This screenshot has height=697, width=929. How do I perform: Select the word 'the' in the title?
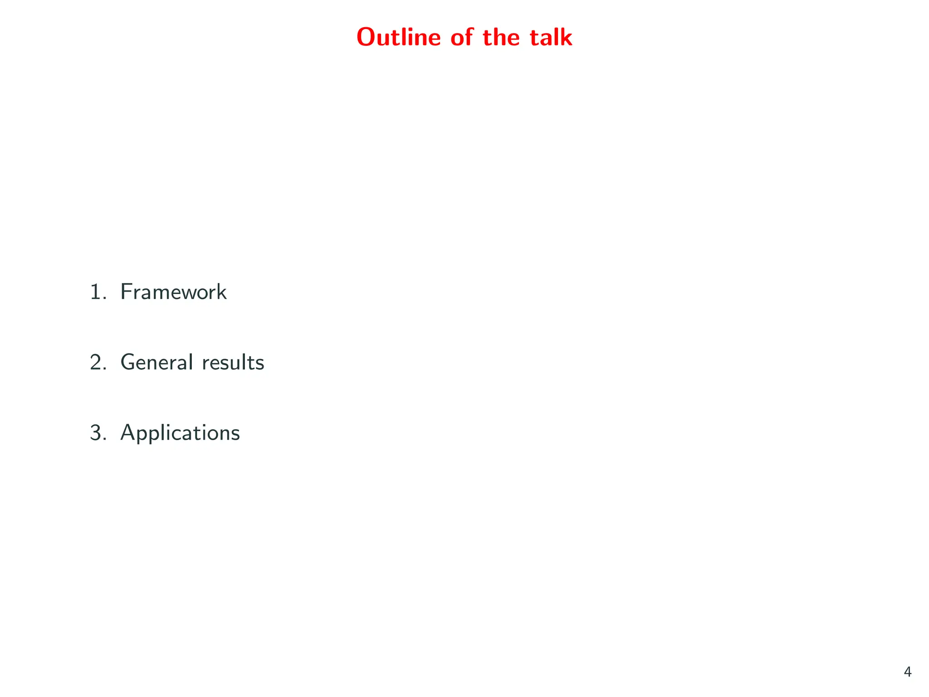point(501,37)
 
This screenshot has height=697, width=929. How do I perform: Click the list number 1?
point(96,292)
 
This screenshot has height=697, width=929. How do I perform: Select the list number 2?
point(96,363)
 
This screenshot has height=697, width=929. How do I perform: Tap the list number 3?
point(96,433)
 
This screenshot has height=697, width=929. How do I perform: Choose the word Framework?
point(173,292)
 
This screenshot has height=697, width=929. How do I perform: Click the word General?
point(154,363)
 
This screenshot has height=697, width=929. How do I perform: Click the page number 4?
point(907,672)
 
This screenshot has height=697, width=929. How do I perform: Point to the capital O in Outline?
point(367,37)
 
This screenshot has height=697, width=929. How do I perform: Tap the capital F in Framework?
point(126,292)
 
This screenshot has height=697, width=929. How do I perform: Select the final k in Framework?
point(221,292)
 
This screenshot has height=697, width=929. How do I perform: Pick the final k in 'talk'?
point(566,37)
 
